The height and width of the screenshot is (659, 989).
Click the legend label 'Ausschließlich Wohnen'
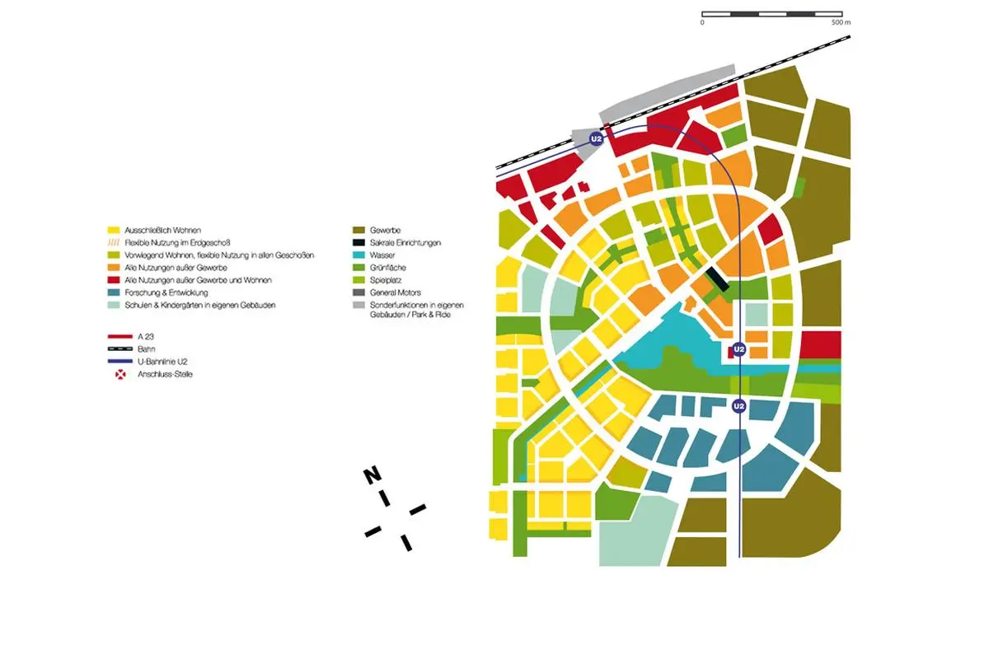point(162,230)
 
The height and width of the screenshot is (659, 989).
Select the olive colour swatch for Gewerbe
point(359,230)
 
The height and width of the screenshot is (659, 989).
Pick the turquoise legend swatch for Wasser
point(359,255)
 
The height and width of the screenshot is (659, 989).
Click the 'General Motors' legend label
point(400,292)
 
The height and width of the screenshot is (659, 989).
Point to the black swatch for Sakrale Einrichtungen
point(359,243)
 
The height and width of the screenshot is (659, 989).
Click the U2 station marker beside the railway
point(597,141)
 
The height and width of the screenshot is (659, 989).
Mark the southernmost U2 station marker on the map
point(739,405)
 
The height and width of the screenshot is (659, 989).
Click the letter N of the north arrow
point(373,476)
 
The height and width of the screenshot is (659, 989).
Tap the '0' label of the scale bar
point(702,23)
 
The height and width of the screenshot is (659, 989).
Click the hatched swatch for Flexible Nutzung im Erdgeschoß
point(114,243)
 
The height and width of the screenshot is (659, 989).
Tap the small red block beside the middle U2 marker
point(729,352)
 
